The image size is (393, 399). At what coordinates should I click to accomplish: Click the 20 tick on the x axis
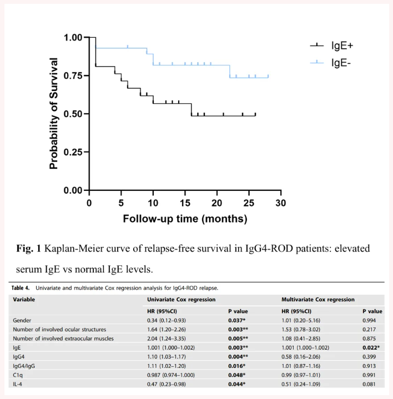point(217,202)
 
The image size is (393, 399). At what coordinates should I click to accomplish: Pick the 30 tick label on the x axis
point(280,202)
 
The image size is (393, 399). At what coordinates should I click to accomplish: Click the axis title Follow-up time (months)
point(185,219)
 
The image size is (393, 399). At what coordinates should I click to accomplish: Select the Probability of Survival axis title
point(54,113)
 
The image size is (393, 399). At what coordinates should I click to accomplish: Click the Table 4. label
point(23,287)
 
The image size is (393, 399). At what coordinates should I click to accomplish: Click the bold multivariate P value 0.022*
point(371,348)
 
